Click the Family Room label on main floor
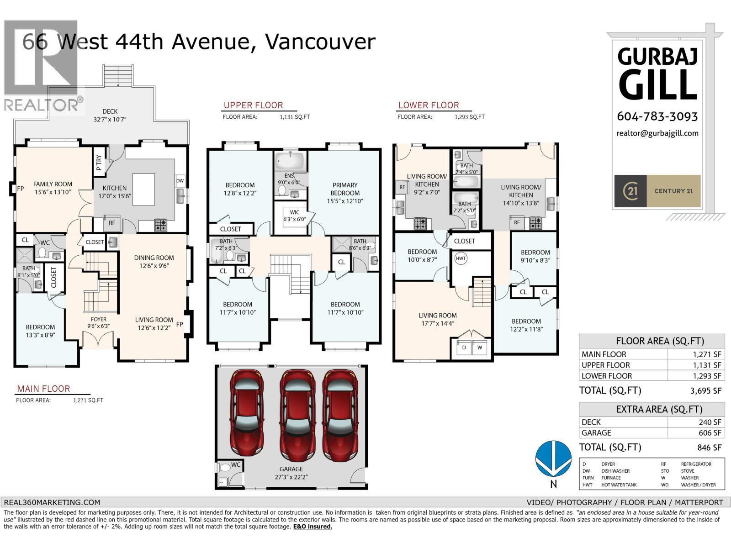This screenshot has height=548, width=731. point(53,188)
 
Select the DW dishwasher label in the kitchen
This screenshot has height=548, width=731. point(180,181)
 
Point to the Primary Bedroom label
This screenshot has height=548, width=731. point(345,189)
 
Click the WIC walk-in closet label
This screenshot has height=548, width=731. point(295,212)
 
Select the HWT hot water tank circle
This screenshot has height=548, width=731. point(461,258)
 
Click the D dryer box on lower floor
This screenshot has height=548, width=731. point(464,348)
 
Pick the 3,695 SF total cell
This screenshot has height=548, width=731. point(706,391)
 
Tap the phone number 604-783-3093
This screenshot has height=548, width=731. point(657,116)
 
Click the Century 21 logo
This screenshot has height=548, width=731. point(657,191)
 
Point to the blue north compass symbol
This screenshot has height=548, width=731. point(553,459)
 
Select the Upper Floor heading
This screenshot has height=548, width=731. point(253,105)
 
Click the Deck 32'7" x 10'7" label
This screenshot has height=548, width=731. point(110,115)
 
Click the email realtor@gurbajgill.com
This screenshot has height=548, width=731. point(657,133)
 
